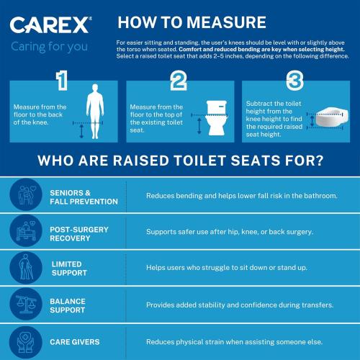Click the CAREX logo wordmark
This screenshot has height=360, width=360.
click(x=50, y=26)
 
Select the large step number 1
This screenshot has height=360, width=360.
click(x=62, y=81)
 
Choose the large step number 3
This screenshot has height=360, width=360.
click(x=294, y=81)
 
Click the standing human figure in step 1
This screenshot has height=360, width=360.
click(x=94, y=112)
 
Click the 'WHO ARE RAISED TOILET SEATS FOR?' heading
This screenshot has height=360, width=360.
click(x=180, y=159)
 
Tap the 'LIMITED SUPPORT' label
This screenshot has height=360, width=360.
click(x=69, y=268)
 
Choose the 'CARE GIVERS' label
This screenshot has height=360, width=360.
click(x=75, y=341)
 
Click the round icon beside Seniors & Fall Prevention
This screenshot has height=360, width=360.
click(x=25, y=196)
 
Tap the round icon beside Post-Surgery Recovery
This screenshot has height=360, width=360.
click(x=25, y=232)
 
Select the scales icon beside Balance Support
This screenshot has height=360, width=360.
click(x=25, y=305)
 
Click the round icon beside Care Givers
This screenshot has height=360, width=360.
click(x=25, y=341)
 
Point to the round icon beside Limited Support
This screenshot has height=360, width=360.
click(x=25, y=268)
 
